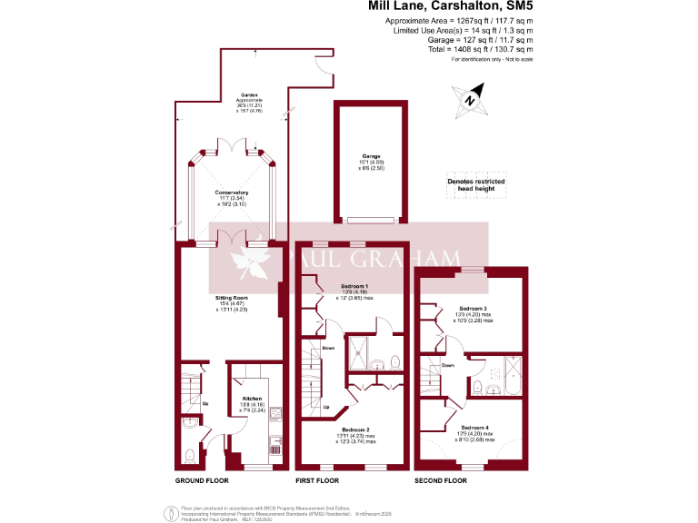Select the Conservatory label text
click(232, 192)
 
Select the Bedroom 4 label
click(474, 427)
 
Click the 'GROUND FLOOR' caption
click(201, 479)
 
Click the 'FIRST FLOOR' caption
click(317, 479)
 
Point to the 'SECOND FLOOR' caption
click(440, 479)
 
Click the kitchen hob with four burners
click(276, 414)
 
